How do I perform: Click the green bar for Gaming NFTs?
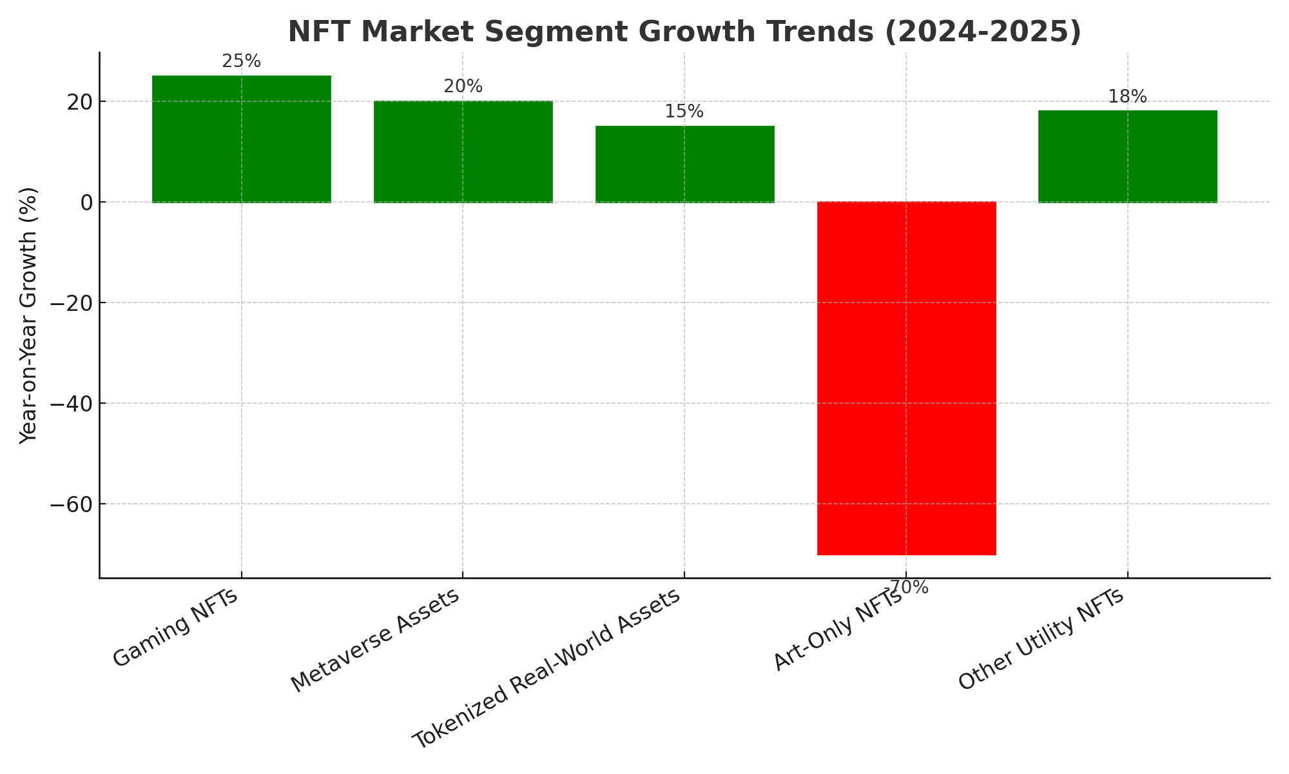click(x=242, y=139)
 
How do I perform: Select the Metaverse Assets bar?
click(x=463, y=152)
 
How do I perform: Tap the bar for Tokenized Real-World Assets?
click(x=684, y=164)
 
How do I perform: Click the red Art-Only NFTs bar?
click(x=906, y=378)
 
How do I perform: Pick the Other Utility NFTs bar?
click(x=1127, y=156)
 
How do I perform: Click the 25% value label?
click(x=242, y=61)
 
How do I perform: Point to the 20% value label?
click(x=463, y=86)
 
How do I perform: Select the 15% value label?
click(x=684, y=112)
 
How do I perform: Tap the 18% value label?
click(x=1127, y=97)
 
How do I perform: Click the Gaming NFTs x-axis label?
click(x=176, y=628)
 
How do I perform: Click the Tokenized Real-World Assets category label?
click(x=547, y=669)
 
